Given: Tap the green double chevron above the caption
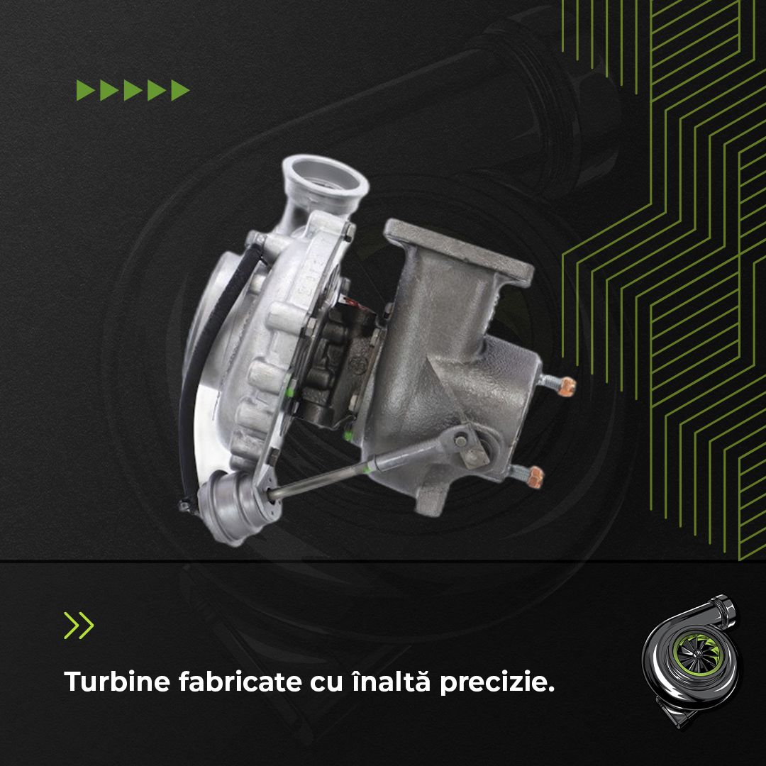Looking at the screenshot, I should (x=79, y=625).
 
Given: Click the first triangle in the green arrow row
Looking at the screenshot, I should (x=86, y=90).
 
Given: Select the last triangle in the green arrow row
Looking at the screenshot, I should (x=180, y=90).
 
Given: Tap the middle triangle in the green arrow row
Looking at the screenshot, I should (x=133, y=90).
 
